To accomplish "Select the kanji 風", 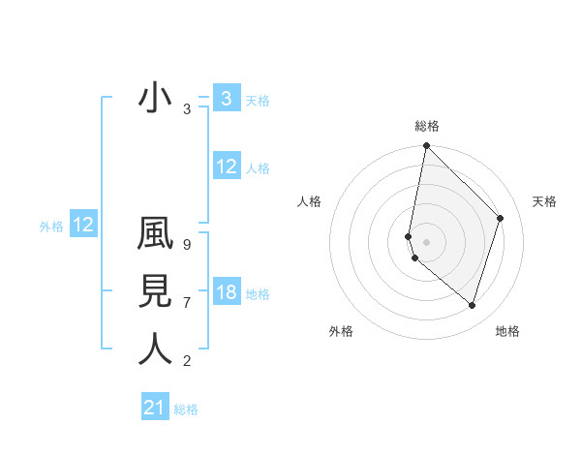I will (x=156, y=236).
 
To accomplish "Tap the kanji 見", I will (x=156, y=292).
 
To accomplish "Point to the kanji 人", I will (x=156, y=349).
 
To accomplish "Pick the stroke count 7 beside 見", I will (x=187, y=303).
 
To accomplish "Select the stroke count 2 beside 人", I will (x=187, y=361).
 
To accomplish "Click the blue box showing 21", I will (x=155, y=408).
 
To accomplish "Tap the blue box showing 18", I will (x=227, y=292).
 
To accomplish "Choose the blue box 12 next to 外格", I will (x=83, y=226).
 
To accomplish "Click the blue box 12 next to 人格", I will (x=227, y=167).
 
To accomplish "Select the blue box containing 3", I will (x=227, y=98).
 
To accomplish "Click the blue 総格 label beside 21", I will (x=186, y=409).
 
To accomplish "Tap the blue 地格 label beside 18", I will (x=258, y=294).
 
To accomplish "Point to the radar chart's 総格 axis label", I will (x=427, y=126).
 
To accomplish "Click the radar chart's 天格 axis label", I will (x=544, y=201).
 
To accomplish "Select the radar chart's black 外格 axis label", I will (x=341, y=331).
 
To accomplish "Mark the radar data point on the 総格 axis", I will (x=426, y=147).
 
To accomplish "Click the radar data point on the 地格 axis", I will (x=472, y=305).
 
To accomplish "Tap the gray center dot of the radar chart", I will (x=426, y=241).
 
